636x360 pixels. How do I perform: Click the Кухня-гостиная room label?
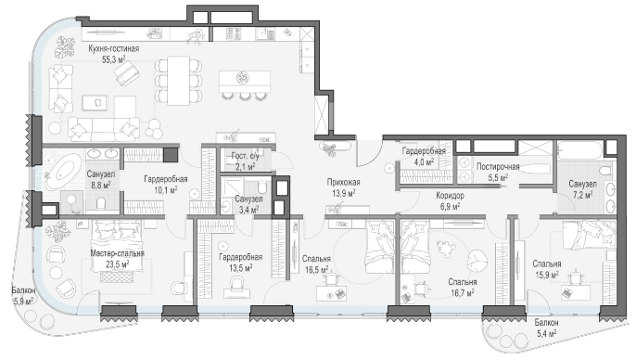click(x=114, y=48)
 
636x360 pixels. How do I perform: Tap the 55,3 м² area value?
click(x=113, y=59)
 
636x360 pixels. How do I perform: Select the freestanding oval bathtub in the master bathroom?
click(x=64, y=174)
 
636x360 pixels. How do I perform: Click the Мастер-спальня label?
click(x=117, y=253)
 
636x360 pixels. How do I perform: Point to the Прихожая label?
click(x=344, y=182)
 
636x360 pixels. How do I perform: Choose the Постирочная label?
click(x=498, y=166)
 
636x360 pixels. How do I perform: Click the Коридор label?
click(x=450, y=196)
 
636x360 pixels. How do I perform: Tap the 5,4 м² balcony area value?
click(x=546, y=334)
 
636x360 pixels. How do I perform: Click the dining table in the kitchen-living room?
click(x=179, y=81)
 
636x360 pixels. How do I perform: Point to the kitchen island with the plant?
click(x=245, y=82)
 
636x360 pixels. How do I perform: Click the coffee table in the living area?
click(x=95, y=103)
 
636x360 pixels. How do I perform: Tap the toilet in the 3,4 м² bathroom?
click(x=262, y=188)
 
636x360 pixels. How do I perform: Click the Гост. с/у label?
click(x=245, y=156)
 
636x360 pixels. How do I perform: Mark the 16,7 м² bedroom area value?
click(x=463, y=292)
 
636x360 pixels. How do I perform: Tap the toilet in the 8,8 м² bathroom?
click(x=101, y=203)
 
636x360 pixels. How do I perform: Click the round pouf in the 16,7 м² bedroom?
click(x=477, y=261)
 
